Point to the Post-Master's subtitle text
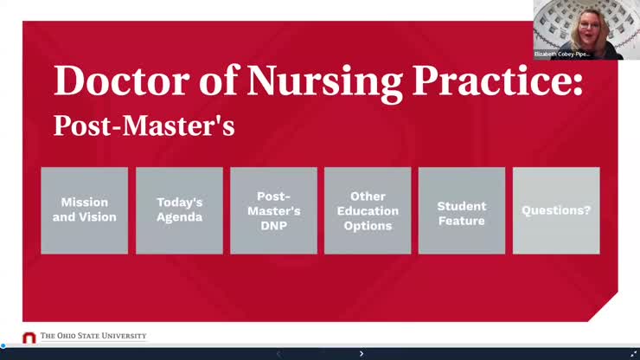pyautogui.click(x=144, y=125)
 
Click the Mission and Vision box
pyautogui.click(x=85, y=210)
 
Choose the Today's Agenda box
pyautogui.click(x=179, y=210)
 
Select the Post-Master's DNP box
pyautogui.click(x=273, y=210)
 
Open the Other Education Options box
pyautogui.click(x=368, y=210)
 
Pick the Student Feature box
pyautogui.click(x=462, y=210)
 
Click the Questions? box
pyautogui.click(x=556, y=210)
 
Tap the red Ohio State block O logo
pyautogui.click(x=29, y=337)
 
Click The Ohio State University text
pyautogui.click(x=93, y=337)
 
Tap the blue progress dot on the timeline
pyautogui.click(x=3, y=346)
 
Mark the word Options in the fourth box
pyautogui.click(x=368, y=226)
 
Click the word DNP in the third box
pyautogui.click(x=273, y=226)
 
